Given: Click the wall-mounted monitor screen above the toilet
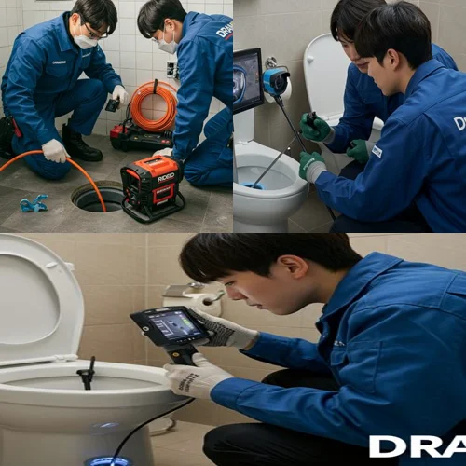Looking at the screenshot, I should click(248, 80).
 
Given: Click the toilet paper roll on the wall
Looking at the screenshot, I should click(204, 301).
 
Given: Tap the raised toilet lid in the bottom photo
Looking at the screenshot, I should click(37, 298).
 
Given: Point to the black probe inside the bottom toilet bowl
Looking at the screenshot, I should click(88, 373).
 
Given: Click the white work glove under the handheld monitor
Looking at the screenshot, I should click(196, 377).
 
